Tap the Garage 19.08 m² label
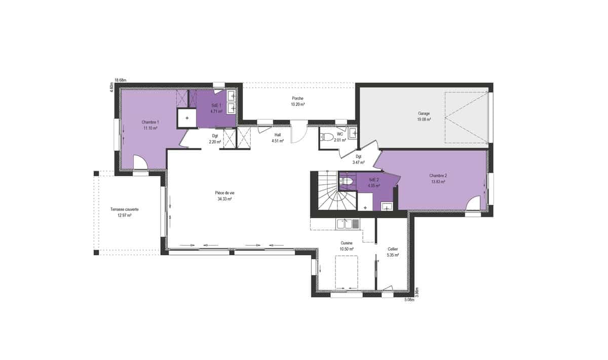click(424, 116)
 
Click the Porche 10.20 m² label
click(297, 101)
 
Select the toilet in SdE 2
click(346, 181)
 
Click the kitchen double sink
click(348, 224)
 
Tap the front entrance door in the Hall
click(299, 132)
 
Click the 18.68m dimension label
click(121, 80)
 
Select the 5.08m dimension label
click(409, 300)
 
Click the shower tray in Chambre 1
click(187, 118)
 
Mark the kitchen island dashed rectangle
click(347, 272)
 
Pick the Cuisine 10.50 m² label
click(347, 246)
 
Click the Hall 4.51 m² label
click(278, 138)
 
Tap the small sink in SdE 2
click(387, 206)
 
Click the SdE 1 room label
click(216, 108)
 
